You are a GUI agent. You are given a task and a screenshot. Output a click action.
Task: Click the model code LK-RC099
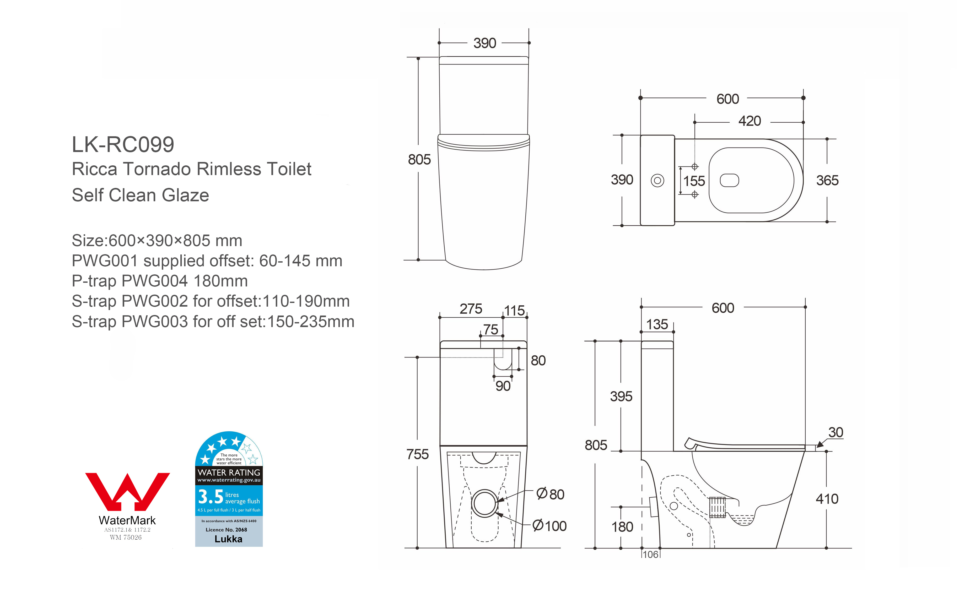pyautogui.click(x=123, y=144)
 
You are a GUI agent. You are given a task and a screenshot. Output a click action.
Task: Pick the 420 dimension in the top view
pyautogui.click(x=750, y=121)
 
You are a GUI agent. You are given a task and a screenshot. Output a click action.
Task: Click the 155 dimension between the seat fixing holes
pyautogui.click(x=694, y=181)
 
